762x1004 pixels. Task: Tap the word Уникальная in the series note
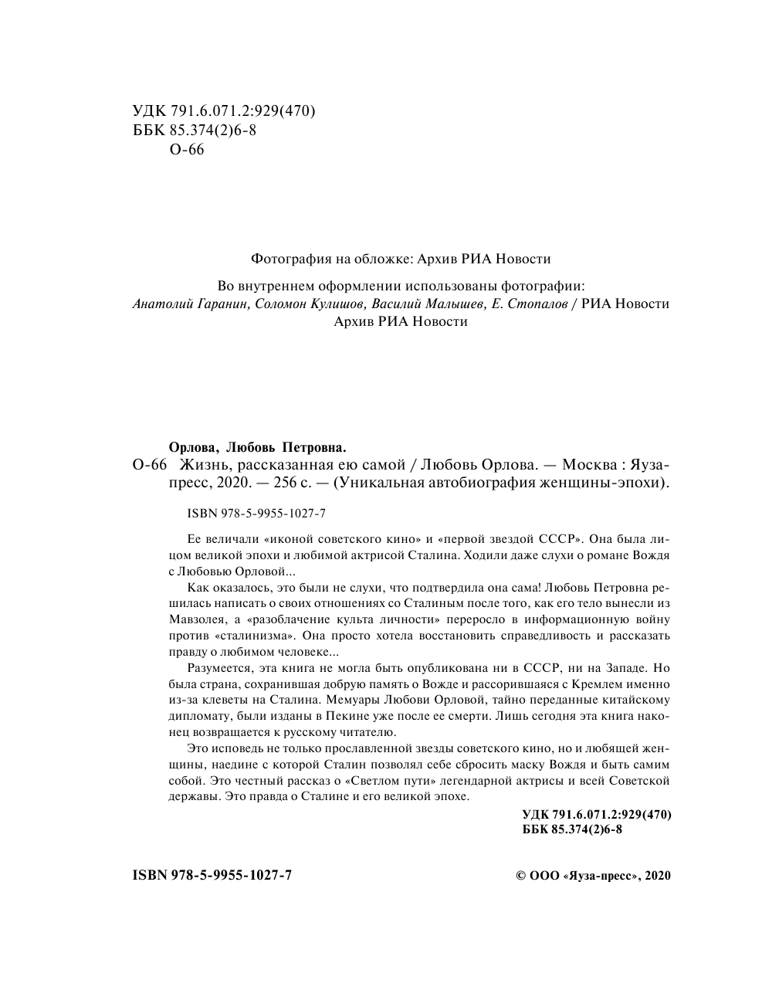[x=389, y=483]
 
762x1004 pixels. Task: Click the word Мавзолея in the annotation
[x=196, y=619]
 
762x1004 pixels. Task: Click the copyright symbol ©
[x=520, y=876]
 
